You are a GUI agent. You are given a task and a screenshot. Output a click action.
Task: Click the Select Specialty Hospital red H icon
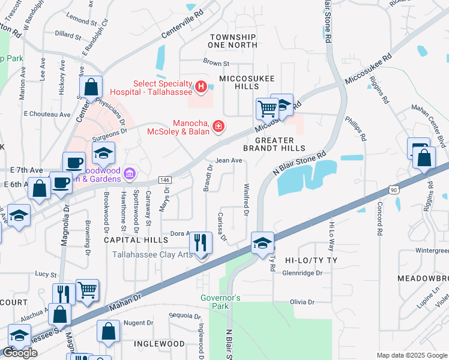tap(201, 86)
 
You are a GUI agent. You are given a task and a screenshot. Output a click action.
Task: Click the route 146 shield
tap(165, 180)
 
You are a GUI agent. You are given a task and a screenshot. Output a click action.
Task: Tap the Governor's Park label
tap(220, 302)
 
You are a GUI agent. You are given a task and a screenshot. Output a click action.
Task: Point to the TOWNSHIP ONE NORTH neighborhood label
tap(233, 41)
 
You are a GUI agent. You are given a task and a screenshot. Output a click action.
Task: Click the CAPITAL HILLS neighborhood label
tap(133, 239)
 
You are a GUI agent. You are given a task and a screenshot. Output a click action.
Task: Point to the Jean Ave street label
tap(228, 160)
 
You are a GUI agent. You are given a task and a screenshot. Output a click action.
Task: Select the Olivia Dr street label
tap(303, 302)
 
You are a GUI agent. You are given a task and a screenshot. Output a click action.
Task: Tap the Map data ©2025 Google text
tap(411, 355)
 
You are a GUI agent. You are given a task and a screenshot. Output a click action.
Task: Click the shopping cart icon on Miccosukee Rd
tap(267, 109)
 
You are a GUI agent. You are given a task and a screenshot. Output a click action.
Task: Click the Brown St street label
tap(216, 62)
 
